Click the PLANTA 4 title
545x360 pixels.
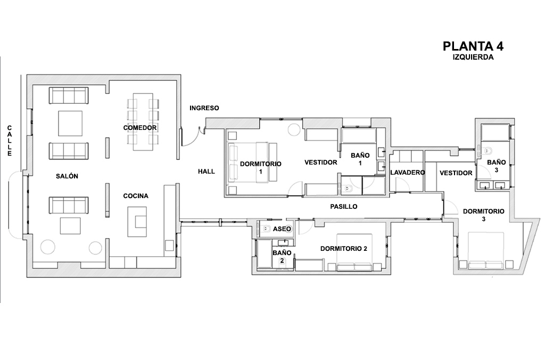point(473,46)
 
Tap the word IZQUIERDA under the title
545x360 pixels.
point(473,58)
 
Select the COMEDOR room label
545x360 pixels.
point(140,128)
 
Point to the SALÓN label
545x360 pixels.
point(67,176)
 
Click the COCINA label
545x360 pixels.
point(136,196)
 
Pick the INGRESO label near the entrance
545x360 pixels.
point(204,108)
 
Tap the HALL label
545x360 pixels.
point(207,171)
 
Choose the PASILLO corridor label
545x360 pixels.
point(344,206)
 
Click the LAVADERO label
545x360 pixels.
point(407,173)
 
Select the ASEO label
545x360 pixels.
point(282,229)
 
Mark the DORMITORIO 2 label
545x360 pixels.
point(344,248)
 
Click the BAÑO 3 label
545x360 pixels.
point(497,166)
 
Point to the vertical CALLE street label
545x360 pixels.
point(10,141)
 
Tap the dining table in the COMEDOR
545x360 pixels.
point(143,122)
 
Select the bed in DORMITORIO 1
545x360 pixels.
point(252,161)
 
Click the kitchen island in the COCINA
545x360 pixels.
point(137,222)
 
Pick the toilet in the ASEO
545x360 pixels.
point(267,228)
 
